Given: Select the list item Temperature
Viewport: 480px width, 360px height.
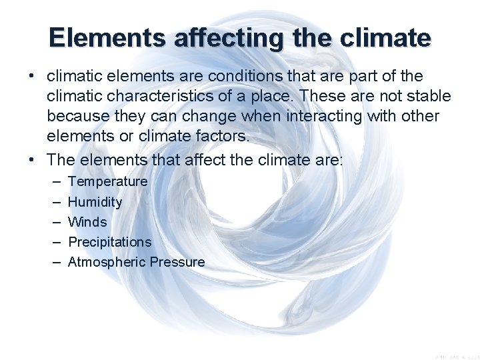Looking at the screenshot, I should [108, 181].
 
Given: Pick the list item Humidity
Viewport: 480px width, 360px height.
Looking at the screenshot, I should [95, 202].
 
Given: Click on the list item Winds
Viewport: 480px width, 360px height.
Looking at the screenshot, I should [87, 222].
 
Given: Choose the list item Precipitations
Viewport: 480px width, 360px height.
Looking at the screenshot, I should [110, 242].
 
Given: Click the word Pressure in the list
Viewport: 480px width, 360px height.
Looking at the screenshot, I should [177, 262].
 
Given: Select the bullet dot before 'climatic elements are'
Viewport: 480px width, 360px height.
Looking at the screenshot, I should [31, 77].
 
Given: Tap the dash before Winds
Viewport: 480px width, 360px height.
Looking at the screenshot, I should [53, 222].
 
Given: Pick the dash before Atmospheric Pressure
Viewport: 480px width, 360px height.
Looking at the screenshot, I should [53, 262].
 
